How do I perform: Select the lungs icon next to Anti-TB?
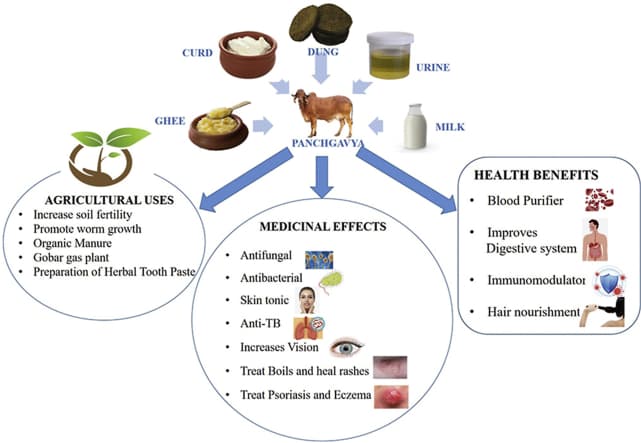tap(309, 325)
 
